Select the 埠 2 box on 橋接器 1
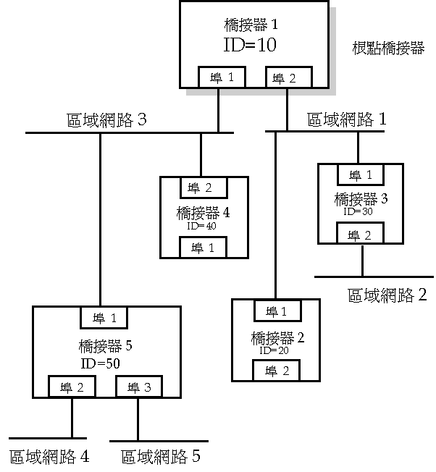click(x=288, y=77)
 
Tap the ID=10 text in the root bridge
click(x=251, y=45)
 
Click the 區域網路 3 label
click(x=106, y=120)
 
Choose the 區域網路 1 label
click(x=347, y=119)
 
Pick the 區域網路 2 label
click(x=387, y=295)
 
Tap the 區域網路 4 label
click(x=49, y=457)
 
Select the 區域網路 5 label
click(x=160, y=457)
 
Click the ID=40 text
click(x=202, y=226)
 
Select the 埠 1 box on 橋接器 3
click(x=360, y=175)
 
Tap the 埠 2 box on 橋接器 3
click(x=359, y=235)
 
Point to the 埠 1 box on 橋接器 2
click(x=276, y=311)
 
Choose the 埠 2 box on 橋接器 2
click(x=276, y=370)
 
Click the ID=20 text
click(x=274, y=350)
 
